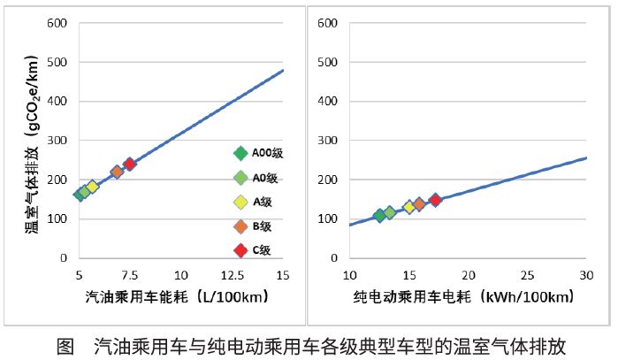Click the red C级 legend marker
point(240,250)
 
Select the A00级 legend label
point(265,153)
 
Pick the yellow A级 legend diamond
point(240,202)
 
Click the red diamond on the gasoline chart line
point(130,164)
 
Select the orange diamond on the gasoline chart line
point(117,172)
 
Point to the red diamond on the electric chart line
point(435,200)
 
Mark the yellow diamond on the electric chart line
point(409,207)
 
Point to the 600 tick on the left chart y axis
point(57,22)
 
